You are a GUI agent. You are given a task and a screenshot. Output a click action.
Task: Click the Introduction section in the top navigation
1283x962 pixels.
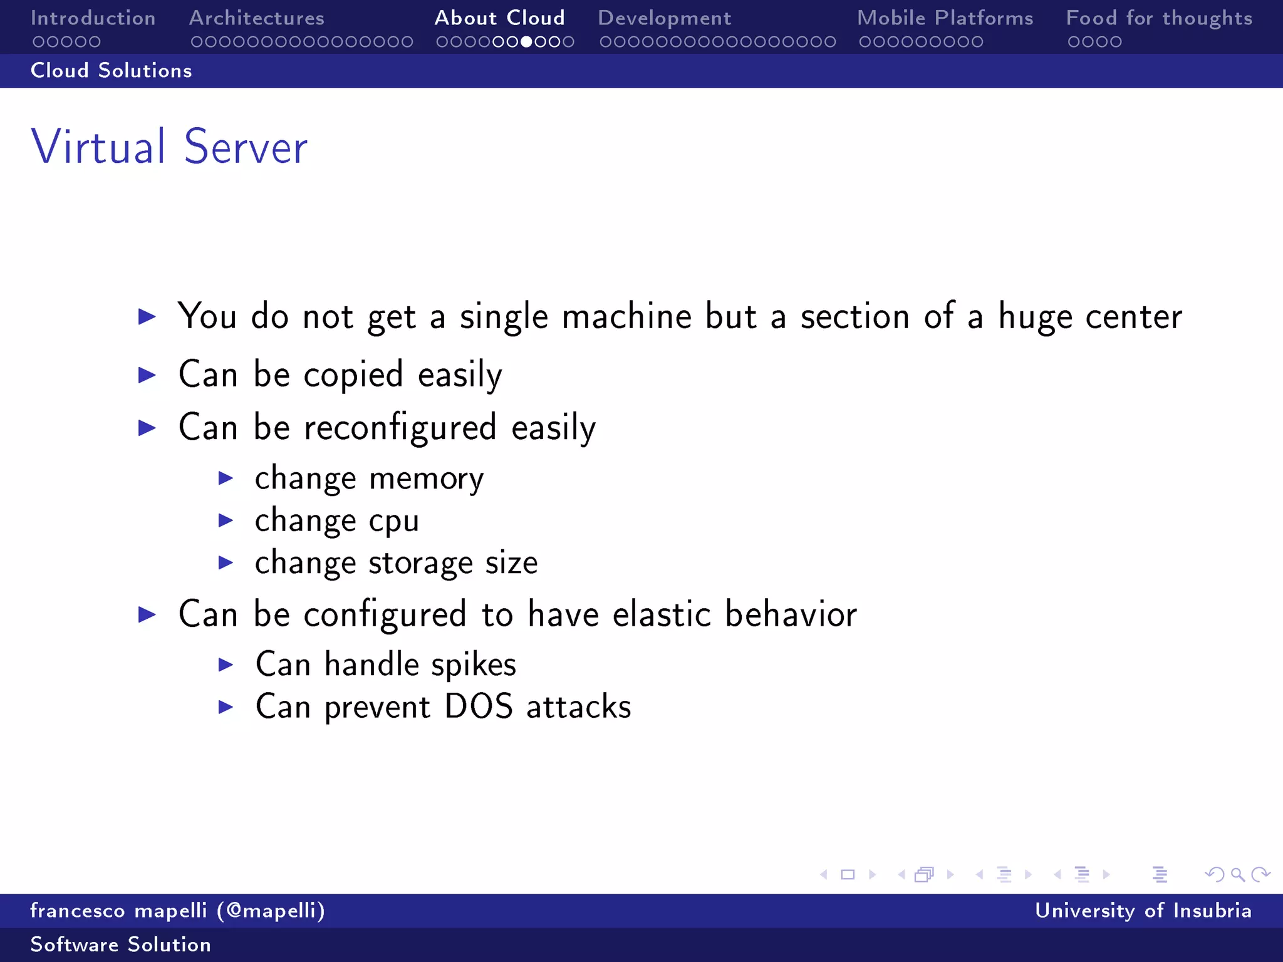point(93,18)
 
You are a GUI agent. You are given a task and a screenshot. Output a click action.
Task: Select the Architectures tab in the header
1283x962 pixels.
point(257,18)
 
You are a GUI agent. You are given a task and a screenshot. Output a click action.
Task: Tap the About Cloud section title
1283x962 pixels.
point(499,18)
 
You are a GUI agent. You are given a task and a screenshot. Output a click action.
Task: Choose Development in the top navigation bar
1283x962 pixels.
point(664,18)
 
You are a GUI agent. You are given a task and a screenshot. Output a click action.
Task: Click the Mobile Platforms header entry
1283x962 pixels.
point(945,18)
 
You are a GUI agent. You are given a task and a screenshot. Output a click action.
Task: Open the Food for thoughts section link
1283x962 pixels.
point(1159,18)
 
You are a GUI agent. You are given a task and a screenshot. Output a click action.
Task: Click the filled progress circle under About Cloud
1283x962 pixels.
point(527,42)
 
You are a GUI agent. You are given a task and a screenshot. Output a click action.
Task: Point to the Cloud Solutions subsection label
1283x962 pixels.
point(112,71)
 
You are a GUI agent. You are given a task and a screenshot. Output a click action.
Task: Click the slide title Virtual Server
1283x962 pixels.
point(169,147)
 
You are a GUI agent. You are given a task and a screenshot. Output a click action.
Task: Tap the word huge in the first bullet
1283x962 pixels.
point(1035,317)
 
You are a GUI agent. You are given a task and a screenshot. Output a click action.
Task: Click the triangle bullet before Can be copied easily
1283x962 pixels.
point(147,375)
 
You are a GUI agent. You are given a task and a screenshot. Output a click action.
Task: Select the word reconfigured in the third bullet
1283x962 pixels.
point(400,428)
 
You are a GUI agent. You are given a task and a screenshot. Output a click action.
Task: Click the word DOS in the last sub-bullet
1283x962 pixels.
point(479,707)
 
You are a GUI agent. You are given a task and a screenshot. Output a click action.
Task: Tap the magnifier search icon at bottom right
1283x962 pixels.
point(1237,874)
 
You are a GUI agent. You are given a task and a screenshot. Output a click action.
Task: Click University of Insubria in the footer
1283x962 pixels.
point(1143,911)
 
